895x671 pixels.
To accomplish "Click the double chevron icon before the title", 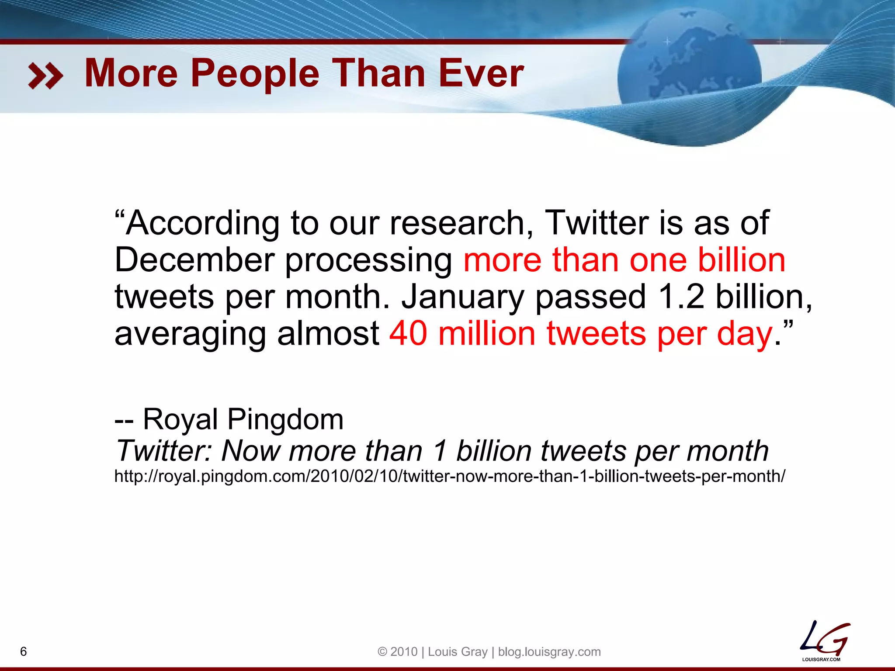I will point(45,76).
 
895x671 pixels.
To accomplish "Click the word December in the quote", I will point(194,260).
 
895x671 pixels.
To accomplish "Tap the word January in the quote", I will point(463,297).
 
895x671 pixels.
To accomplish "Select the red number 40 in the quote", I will point(408,333).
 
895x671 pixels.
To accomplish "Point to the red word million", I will point(487,333).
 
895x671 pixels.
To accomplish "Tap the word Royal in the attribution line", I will point(180,419).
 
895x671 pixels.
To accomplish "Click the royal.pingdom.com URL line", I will point(450,476).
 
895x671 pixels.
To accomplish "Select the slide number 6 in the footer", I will point(24,651).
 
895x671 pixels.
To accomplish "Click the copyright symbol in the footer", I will point(382,652).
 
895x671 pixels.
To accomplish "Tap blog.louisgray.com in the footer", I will point(549,652).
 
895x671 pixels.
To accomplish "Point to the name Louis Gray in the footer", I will point(458,652).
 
